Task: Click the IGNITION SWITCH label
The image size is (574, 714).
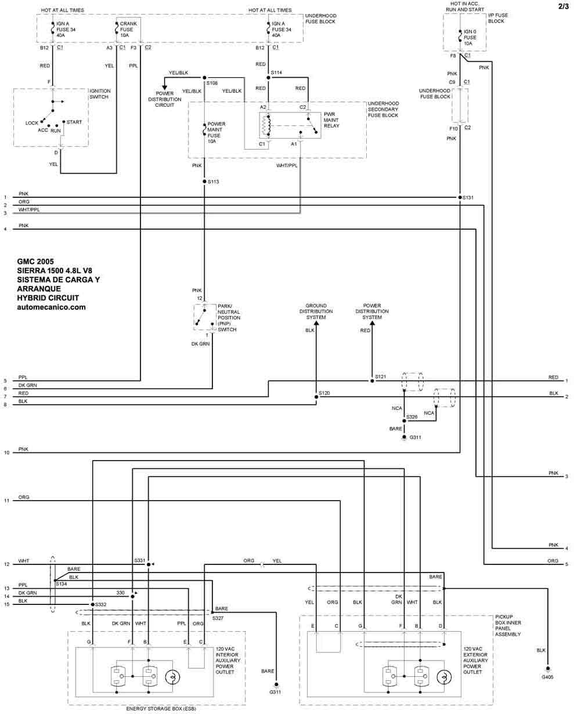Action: click(100, 94)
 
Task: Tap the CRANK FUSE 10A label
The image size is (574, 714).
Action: click(128, 30)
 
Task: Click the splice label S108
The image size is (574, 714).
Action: click(212, 84)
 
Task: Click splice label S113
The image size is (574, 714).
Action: click(213, 182)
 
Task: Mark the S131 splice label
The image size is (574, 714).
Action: click(468, 198)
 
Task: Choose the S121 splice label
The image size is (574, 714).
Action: click(380, 377)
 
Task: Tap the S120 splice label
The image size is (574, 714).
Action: click(325, 393)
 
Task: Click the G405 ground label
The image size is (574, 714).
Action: click(547, 677)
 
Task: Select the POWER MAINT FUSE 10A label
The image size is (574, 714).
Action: click(216, 132)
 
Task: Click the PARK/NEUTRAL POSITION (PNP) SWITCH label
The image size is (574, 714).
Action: click(228, 317)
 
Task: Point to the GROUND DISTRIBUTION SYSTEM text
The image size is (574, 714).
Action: click(316, 311)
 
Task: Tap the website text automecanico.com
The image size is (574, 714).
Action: click(52, 307)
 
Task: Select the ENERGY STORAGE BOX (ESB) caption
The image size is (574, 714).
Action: click(157, 709)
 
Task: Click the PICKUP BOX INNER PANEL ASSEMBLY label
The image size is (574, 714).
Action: click(508, 625)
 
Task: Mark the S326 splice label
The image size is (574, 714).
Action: click(412, 417)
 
